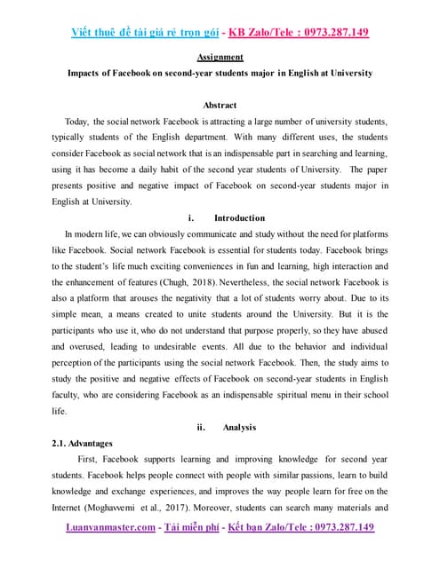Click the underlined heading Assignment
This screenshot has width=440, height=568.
(x=220, y=55)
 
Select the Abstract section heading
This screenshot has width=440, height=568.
(x=220, y=105)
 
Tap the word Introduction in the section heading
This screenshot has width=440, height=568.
(x=239, y=217)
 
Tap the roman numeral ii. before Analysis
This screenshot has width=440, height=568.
(x=201, y=427)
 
